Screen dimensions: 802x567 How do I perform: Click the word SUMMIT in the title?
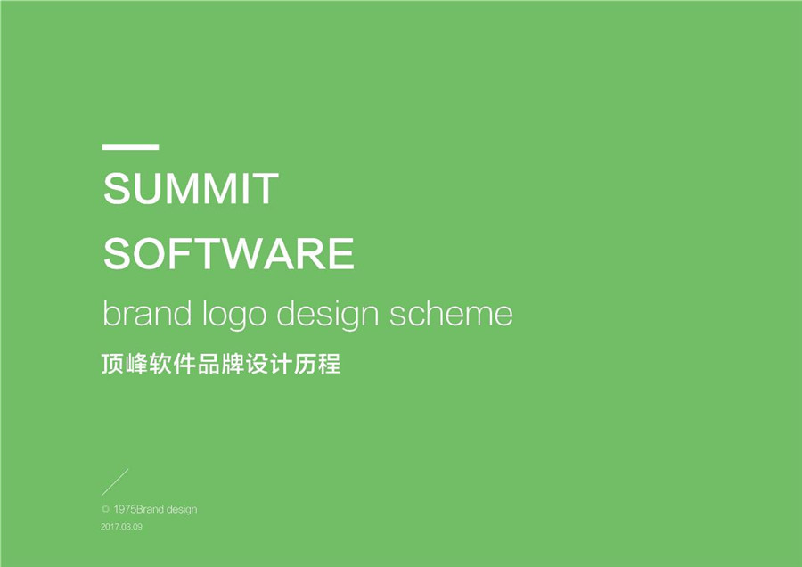[191, 189]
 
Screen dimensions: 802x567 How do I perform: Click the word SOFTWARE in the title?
[229, 253]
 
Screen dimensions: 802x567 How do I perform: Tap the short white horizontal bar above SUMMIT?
[130, 147]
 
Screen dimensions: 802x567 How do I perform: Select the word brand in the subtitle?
[147, 313]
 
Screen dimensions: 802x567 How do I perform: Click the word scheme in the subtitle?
[451, 313]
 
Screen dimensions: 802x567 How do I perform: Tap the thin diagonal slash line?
[115, 482]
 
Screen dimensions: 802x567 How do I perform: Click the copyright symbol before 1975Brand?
[106, 509]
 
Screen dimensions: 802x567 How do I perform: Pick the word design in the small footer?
[182, 510]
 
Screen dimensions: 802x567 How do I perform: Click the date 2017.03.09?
[122, 527]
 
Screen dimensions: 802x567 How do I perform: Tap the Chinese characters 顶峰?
[125, 364]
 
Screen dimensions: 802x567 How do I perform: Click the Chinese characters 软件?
[173, 364]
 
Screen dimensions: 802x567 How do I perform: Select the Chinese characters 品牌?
[221, 364]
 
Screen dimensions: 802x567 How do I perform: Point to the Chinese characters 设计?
[269, 364]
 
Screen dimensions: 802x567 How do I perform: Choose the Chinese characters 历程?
[317, 364]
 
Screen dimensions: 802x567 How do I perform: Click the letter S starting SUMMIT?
[117, 189]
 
